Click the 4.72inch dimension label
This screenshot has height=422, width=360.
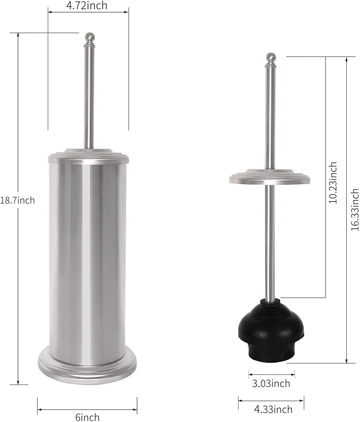point(87,6)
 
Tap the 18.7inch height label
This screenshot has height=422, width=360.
point(17,200)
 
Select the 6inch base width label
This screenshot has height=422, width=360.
point(87,417)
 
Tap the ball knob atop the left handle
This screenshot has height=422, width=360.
point(90,38)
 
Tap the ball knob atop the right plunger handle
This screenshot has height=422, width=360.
point(271,57)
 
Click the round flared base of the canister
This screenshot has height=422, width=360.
point(87,366)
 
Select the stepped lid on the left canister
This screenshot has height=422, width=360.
point(89,156)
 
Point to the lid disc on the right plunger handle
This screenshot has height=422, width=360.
point(270,177)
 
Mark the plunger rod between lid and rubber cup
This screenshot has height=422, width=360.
point(270,239)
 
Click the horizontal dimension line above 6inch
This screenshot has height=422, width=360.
point(87,409)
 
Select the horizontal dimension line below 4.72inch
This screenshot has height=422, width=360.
point(88,14)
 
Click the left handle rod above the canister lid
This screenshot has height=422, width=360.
point(89,96)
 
